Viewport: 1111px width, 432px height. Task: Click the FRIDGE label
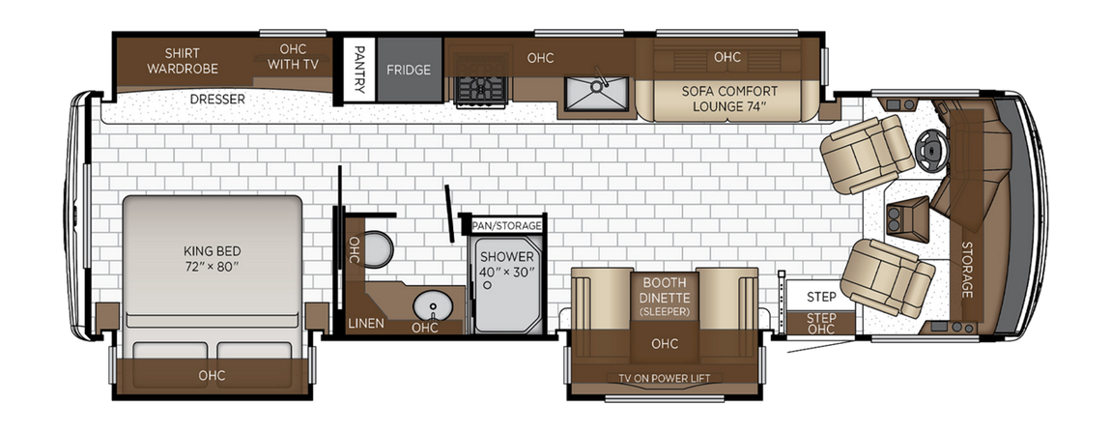(x=409, y=70)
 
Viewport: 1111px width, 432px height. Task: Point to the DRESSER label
(x=216, y=99)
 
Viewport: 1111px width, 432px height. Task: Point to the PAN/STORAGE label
(x=507, y=225)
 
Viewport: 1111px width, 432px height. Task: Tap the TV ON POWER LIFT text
(x=664, y=378)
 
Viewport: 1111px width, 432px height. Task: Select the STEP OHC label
(x=821, y=323)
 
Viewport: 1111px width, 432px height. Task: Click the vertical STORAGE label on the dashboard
(x=967, y=271)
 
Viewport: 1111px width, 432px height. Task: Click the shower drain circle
(x=489, y=286)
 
